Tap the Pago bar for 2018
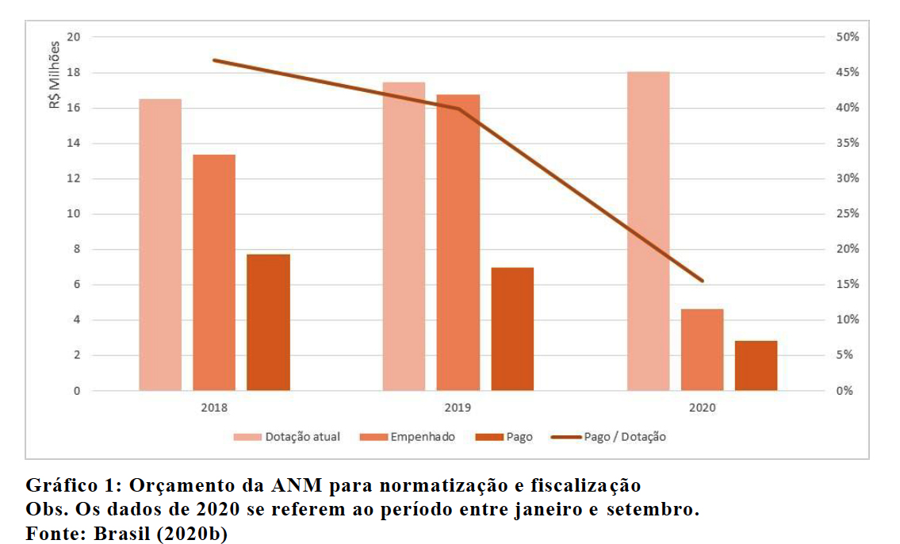tap(268, 322)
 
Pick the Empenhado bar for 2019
tap(458, 243)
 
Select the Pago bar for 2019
tap(512, 329)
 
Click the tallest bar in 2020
tap(649, 231)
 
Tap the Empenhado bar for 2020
tap(703, 350)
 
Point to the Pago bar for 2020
tap(756, 366)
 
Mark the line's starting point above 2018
tap(214, 60)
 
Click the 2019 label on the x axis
tap(458, 408)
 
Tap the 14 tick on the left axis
tap(74, 144)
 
